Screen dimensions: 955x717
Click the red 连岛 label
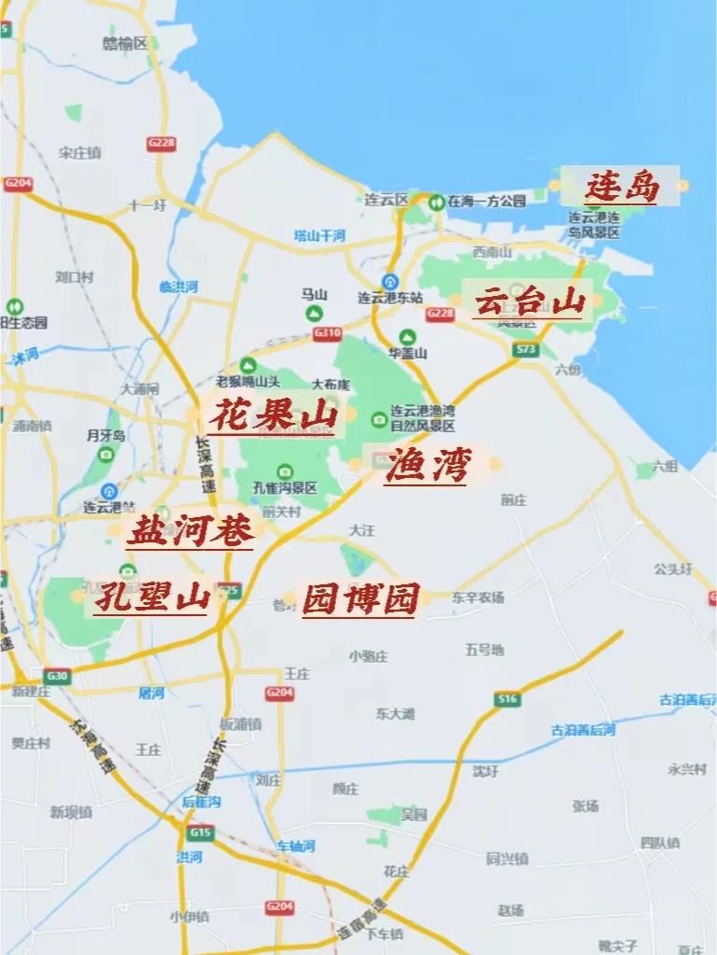(x=622, y=187)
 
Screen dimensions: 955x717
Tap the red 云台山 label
(x=529, y=302)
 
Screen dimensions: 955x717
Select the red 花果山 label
(x=271, y=415)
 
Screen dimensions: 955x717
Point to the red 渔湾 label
(x=427, y=465)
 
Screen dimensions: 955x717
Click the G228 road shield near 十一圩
(x=161, y=143)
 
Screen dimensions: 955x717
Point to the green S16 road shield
(x=507, y=697)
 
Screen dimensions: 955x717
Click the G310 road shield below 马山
(x=327, y=333)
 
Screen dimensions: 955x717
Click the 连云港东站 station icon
(x=391, y=281)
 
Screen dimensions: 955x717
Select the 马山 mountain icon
(x=315, y=313)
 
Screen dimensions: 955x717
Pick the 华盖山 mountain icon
(x=407, y=336)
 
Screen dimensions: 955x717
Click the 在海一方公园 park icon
(x=436, y=201)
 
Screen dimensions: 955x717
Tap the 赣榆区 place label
(x=126, y=43)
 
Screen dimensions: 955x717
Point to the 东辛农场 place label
(x=478, y=597)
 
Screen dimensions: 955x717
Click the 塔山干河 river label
(x=320, y=234)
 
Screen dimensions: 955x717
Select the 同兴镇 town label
(x=507, y=858)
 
